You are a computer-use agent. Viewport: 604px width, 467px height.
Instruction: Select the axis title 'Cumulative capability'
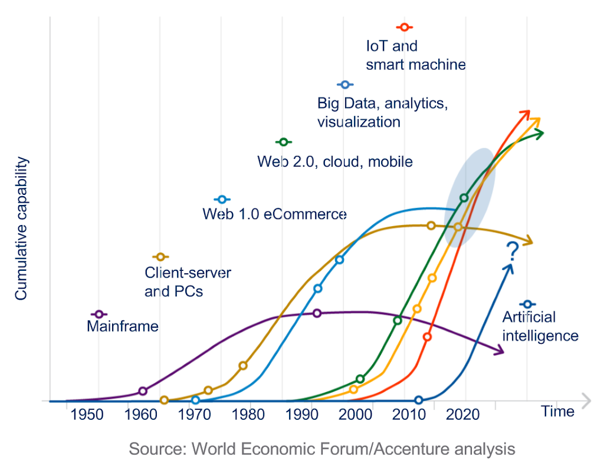(x=22, y=228)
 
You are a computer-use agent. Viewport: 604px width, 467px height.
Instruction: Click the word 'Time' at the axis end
(x=557, y=411)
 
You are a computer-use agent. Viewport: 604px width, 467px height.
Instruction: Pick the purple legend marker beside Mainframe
(x=99, y=314)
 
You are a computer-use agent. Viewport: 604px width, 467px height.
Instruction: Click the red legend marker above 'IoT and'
(x=404, y=27)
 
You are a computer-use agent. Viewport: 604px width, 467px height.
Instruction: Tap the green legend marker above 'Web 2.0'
(x=284, y=142)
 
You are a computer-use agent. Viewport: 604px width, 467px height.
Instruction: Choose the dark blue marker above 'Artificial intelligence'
(x=528, y=304)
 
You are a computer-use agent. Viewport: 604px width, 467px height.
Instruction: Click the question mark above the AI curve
(x=512, y=251)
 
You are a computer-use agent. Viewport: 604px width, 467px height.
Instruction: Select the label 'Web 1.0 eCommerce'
(x=274, y=214)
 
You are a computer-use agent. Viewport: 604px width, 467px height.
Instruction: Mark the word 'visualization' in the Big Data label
(x=359, y=122)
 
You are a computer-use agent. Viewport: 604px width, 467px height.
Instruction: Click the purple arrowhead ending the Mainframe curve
(x=500, y=351)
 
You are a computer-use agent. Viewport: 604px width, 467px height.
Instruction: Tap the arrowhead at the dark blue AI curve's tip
(x=508, y=268)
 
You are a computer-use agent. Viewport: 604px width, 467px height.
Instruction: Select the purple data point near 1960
(x=143, y=391)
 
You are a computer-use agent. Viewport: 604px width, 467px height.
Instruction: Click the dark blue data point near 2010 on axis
(x=419, y=400)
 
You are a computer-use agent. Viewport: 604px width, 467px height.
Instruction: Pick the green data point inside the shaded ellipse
(x=464, y=198)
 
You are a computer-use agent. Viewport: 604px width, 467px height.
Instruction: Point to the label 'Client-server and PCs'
(x=188, y=282)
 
